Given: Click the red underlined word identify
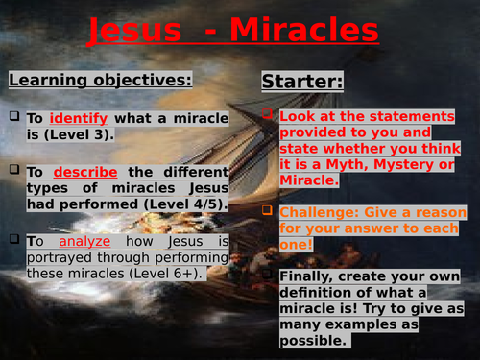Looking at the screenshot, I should click(x=81, y=118).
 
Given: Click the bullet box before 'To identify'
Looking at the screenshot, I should click(x=14, y=117).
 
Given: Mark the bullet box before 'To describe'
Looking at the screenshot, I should click(x=14, y=171).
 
